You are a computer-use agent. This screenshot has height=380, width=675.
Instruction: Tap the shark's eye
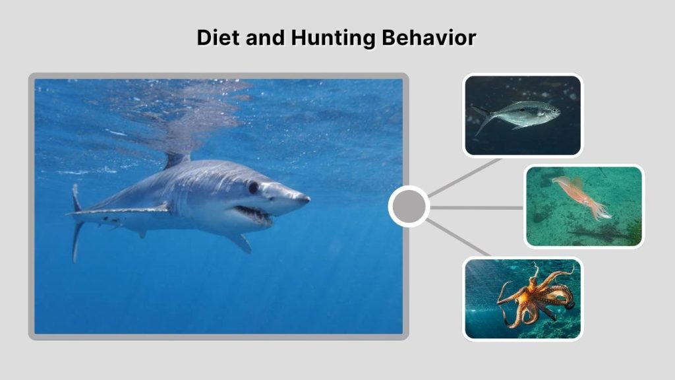[x=253, y=187]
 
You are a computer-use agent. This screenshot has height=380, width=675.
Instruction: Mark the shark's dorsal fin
[x=175, y=159]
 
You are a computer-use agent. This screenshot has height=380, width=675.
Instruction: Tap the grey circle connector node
[x=409, y=207]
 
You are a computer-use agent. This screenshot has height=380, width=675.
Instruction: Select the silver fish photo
[x=522, y=115]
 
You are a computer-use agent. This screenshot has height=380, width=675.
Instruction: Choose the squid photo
[x=583, y=206]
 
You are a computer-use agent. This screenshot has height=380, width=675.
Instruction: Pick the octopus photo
[x=522, y=298]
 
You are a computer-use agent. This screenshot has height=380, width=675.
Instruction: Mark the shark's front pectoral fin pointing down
[x=239, y=241]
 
